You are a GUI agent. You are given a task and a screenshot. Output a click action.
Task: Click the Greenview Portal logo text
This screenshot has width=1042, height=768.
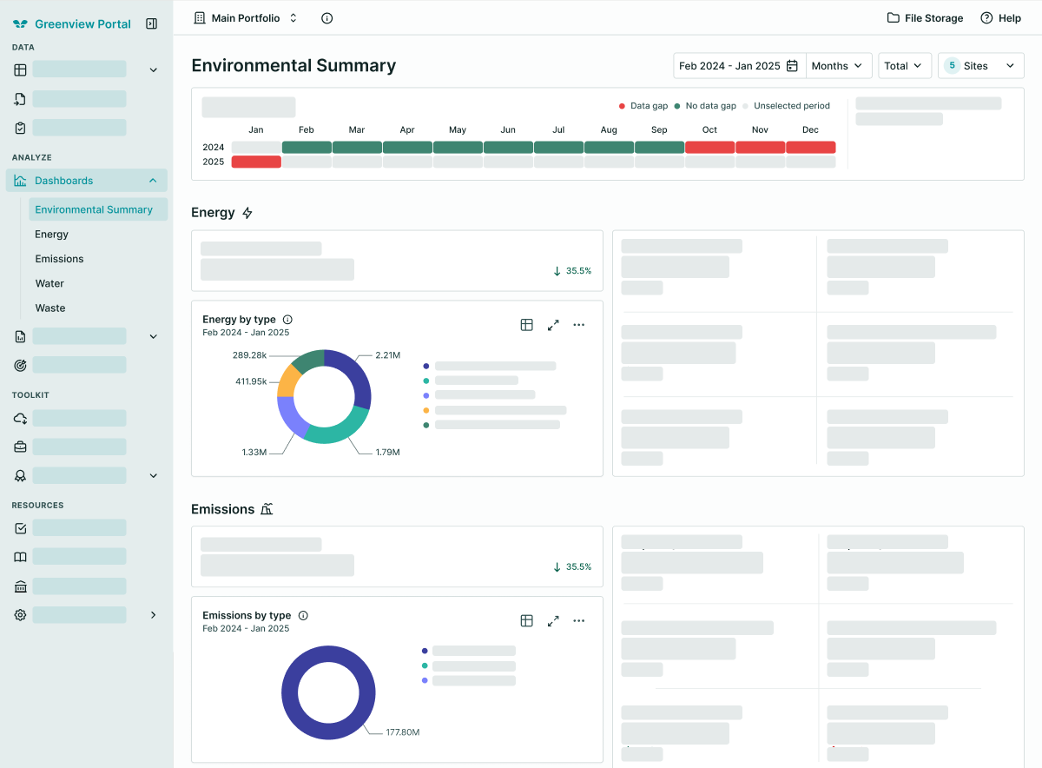click(82, 23)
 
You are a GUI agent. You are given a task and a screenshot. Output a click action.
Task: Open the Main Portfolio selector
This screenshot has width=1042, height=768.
click(245, 18)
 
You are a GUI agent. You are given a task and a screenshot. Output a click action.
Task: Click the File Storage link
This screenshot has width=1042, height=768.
click(925, 18)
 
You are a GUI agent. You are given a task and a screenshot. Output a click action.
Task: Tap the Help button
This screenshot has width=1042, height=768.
click(1000, 18)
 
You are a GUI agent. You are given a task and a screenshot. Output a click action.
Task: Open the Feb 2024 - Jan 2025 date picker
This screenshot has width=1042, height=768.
click(739, 66)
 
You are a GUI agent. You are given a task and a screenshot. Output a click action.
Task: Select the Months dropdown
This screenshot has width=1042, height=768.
click(838, 66)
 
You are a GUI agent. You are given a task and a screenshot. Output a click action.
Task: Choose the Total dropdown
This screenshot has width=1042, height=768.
click(904, 66)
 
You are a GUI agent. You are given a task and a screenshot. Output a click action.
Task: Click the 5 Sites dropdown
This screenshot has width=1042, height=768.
click(980, 66)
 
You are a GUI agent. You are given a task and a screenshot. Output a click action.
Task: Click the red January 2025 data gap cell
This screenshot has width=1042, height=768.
click(256, 162)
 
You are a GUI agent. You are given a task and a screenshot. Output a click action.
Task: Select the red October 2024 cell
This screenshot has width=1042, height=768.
click(709, 147)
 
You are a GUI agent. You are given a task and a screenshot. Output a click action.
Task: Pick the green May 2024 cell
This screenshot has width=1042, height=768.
click(458, 147)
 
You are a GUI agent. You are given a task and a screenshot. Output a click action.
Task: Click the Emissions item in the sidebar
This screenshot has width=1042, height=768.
click(60, 259)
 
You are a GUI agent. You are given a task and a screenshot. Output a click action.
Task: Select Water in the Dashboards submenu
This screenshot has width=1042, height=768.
click(49, 283)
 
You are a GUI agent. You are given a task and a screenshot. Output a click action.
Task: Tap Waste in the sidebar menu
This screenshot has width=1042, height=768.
click(50, 308)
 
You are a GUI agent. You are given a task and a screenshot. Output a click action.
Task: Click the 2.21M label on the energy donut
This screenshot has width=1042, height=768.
click(388, 355)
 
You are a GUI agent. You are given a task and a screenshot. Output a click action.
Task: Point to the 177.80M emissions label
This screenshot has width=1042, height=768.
click(403, 732)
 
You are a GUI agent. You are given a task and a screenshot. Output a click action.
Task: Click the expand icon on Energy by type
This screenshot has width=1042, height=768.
click(553, 325)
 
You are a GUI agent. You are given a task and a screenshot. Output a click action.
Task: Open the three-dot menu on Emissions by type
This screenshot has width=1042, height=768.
click(578, 620)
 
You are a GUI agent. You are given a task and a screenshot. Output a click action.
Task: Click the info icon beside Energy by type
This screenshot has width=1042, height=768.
click(288, 320)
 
